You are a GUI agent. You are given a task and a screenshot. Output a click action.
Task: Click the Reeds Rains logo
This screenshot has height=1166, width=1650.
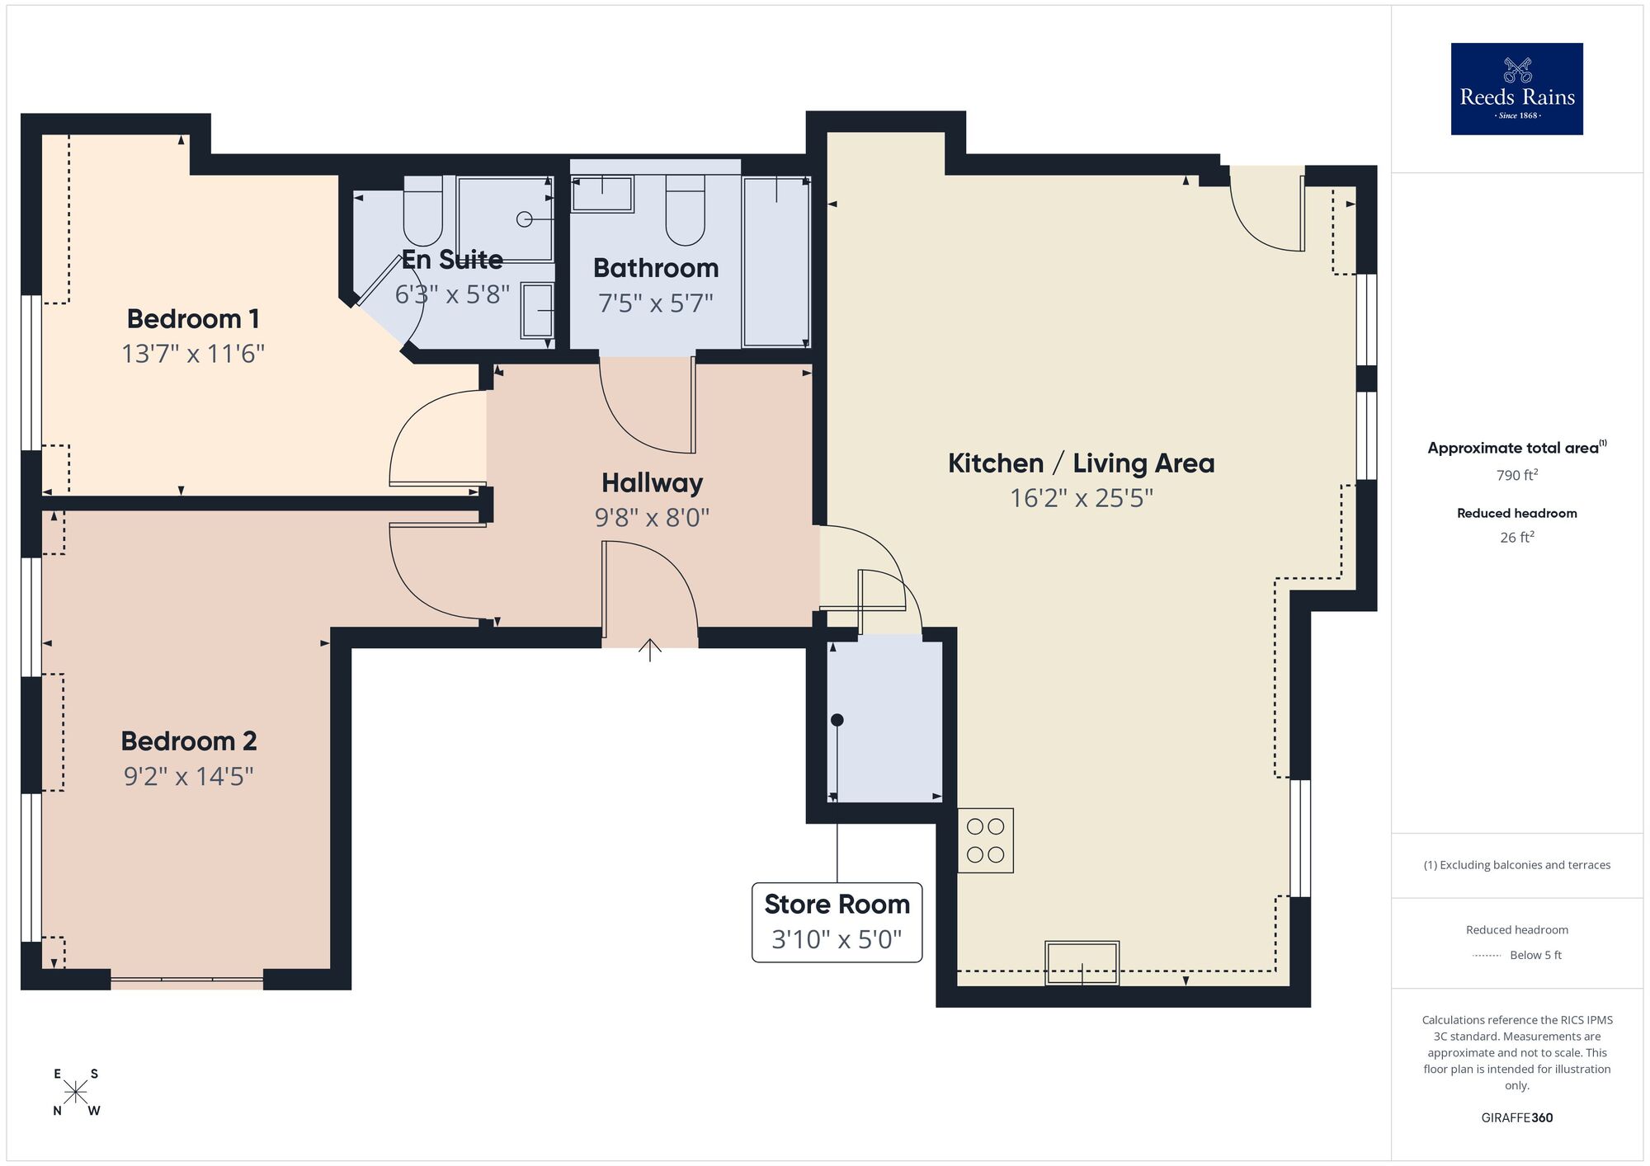pyautogui.click(x=1516, y=89)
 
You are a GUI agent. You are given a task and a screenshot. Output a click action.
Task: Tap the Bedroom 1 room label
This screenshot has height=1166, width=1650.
pyautogui.click(x=193, y=318)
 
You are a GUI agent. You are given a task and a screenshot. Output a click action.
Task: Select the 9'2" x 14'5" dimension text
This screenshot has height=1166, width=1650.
pyautogui.click(x=189, y=776)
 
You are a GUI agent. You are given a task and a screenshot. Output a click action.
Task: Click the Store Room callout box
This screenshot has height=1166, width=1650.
pyautogui.click(x=837, y=921)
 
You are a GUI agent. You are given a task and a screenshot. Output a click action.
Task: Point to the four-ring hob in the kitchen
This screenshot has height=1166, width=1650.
pyautogui.click(x=985, y=840)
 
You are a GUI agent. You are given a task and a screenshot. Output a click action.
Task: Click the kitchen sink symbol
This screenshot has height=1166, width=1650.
pyautogui.click(x=1082, y=963)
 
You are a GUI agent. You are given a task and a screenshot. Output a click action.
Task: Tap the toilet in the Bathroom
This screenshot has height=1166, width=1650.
pyautogui.click(x=685, y=211)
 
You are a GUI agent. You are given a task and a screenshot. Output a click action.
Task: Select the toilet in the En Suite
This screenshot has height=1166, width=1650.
pyautogui.click(x=423, y=211)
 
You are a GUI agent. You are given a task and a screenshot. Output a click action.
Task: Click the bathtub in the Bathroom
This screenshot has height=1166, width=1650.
pyautogui.click(x=775, y=262)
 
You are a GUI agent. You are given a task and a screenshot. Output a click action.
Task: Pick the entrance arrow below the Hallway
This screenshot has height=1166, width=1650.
pyautogui.click(x=650, y=650)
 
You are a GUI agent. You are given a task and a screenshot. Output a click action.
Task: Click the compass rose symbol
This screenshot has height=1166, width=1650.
pyautogui.click(x=76, y=1093)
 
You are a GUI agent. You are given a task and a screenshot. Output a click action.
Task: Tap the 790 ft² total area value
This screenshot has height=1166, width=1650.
pyautogui.click(x=1516, y=475)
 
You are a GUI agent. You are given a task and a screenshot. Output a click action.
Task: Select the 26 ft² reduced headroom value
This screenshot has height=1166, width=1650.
pyautogui.click(x=1516, y=538)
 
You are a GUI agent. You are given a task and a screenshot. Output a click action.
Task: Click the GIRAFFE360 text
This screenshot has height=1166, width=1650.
pyautogui.click(x=1516, y=1118)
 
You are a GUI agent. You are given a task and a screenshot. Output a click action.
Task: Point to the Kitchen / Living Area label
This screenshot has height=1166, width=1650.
pyautogui.click(x=1081, y=463)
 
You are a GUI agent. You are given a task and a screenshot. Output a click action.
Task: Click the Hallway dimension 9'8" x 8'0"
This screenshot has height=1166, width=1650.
pyautogui.click(x=652, y=518)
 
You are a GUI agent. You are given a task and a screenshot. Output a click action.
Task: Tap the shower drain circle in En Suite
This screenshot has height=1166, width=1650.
pyautogui.click(x=524, y=219)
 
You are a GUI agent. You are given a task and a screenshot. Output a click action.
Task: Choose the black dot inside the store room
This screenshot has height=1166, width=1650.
pyautogui.click(x=837, y=720)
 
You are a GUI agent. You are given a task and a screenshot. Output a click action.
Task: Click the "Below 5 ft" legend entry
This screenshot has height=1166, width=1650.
pyautogui.click(x=1534, y=955)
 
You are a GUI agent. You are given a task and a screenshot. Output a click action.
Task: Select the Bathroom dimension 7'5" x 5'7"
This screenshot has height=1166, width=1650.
pyautogui.click(x=655, y=303)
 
